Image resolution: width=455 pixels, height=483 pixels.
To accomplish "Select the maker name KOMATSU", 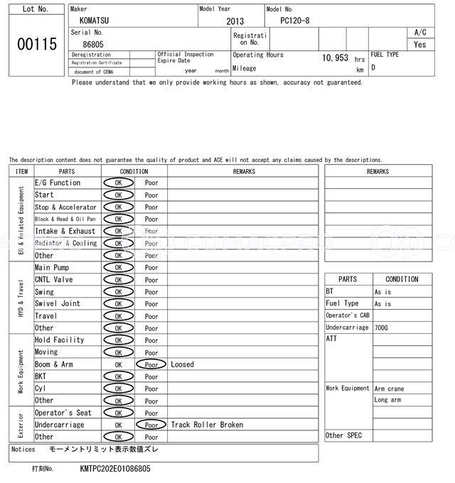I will coord(95,21).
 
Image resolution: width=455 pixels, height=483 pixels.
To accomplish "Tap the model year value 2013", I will coord(235,21).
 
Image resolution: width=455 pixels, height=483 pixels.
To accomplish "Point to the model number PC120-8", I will coord(295,21).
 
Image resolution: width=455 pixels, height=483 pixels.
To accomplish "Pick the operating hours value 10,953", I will coord(335,58).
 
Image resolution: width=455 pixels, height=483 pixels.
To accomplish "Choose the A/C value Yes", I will coord(420,45).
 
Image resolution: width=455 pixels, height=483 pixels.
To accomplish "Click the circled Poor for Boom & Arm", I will coord(151,364).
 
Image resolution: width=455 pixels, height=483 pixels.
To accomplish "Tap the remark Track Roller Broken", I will coord(207,425).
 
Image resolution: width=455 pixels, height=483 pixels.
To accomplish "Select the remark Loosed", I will coord(182,364).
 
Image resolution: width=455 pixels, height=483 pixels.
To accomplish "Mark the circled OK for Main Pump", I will coord(118,268).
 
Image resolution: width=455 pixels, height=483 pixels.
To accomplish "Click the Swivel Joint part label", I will coord(58,303).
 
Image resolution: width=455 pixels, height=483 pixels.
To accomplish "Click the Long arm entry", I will coord(387,400).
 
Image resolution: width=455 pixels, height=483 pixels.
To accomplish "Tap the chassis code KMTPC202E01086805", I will coord(115,469).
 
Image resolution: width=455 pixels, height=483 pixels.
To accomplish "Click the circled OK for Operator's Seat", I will coord(118,413).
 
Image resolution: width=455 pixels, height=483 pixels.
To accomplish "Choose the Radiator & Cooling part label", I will coord(65,243).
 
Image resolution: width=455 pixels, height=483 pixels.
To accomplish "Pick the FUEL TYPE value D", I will coord(373,67).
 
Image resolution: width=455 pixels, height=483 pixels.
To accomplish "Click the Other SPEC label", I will coord(343,435).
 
